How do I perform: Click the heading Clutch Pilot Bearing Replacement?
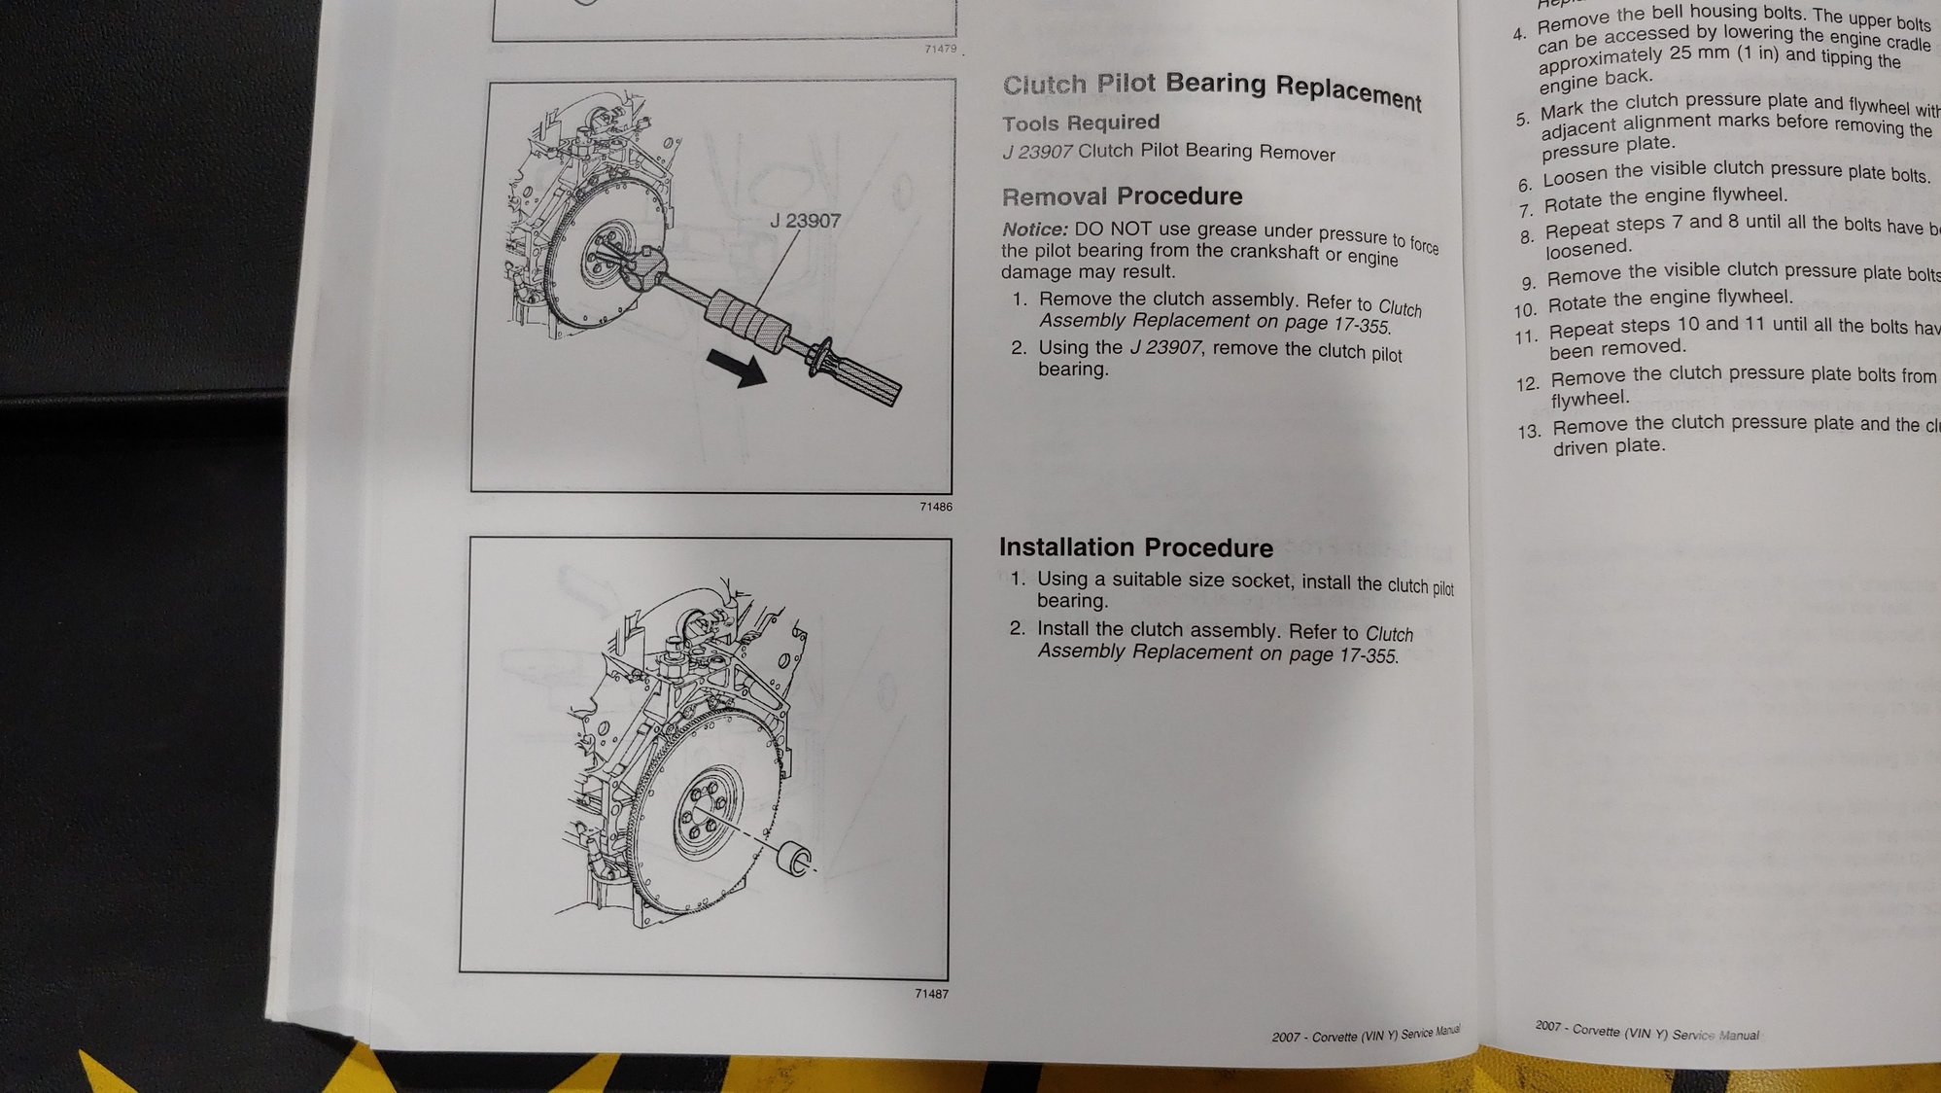(x=1211, y=89)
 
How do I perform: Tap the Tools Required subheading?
(x=1081, y=123)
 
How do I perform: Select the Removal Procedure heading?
(x=1122, y=196)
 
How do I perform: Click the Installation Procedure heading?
(x=1135, y=547)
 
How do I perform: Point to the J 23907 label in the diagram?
(x=805, y=221)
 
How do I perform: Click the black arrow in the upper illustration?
(x=737, y=369)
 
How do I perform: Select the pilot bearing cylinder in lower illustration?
(x=796, y=860)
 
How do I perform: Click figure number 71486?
(x=935, y=507)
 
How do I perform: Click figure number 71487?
(x=931, y=994)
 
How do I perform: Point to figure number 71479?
(x=940, y=49)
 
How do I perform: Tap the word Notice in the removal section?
(x=1034, y=229)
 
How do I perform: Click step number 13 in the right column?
(x=1528, y=432)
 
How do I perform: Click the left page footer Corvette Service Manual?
(x=1365, y=1035)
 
